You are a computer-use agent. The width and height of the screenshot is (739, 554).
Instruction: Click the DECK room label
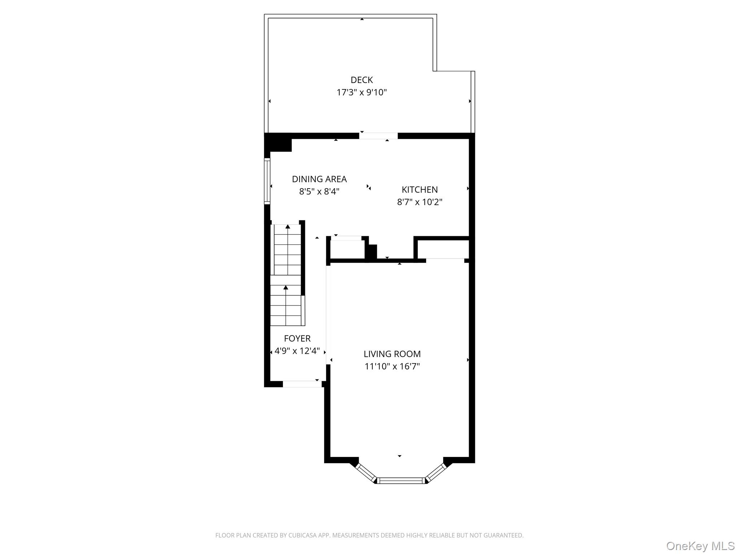362,80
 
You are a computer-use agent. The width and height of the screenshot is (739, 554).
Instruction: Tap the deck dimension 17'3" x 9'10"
362,92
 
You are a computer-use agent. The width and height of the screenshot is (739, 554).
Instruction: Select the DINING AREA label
319,179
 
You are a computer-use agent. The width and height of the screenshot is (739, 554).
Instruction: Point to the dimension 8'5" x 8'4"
319,191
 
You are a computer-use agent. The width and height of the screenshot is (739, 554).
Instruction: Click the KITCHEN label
420,189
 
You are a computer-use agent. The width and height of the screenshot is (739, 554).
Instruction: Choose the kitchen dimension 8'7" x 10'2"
420,202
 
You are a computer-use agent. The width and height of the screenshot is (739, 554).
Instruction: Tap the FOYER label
297,338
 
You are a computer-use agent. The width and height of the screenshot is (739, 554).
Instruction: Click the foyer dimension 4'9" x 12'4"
297,351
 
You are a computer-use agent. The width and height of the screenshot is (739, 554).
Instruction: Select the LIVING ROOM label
392,354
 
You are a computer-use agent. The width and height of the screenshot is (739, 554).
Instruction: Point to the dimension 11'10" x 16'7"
392,366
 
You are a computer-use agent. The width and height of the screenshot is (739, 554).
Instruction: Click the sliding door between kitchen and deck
378,136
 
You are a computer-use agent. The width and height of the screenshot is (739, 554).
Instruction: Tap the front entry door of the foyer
302,384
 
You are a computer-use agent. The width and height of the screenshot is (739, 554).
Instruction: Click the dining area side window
267,181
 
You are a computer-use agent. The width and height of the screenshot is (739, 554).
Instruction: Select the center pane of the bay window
401,480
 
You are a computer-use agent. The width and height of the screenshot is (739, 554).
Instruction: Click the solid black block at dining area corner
278,142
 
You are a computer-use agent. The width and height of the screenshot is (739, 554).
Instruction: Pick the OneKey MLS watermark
700,546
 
